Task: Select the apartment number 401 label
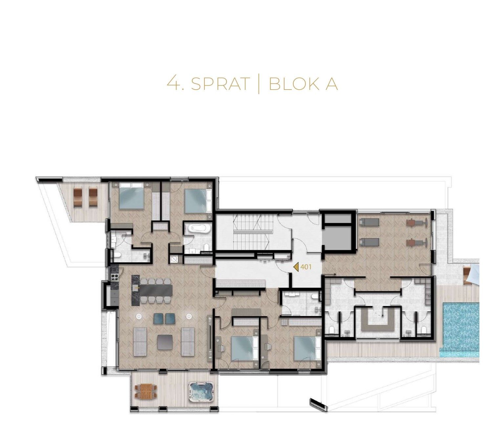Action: click(306, 267)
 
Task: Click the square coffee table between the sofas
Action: click(165, 342)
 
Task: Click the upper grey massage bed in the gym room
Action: click(369, 222)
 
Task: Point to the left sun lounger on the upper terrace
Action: click(78, 197)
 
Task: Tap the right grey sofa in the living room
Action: click(187, 341)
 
